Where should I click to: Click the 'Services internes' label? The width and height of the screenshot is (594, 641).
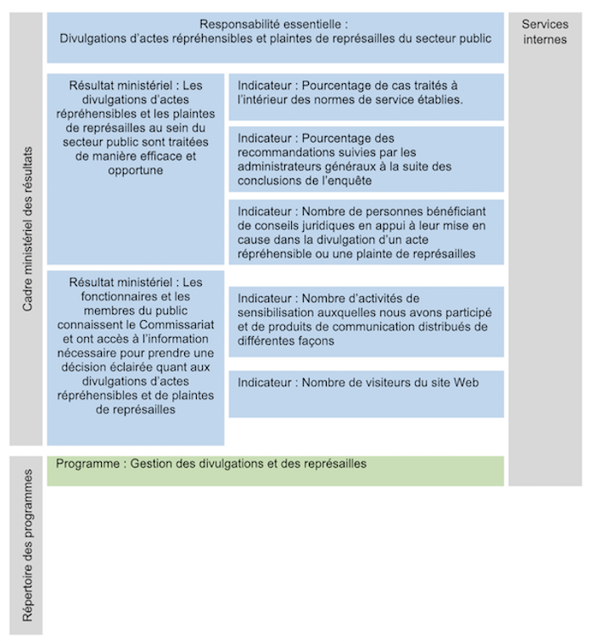pos(545,31)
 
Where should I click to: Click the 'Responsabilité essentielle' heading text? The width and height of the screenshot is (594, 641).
pos(274,24)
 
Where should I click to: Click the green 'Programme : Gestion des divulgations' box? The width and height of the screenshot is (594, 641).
pos(276,470)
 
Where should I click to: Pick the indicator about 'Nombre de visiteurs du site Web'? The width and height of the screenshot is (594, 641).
pos(366,384)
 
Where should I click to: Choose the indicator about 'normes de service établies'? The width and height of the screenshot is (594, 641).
pos(366,93)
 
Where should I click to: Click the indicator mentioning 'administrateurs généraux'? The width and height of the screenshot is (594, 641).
pos(366,159)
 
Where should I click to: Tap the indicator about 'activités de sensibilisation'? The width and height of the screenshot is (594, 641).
pos(366,318)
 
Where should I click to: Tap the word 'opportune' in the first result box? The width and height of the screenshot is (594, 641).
pos(136,171)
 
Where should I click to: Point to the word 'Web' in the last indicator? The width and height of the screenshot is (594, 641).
pos(467,383)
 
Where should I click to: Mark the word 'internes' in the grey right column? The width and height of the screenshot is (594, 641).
pos(545,39)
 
